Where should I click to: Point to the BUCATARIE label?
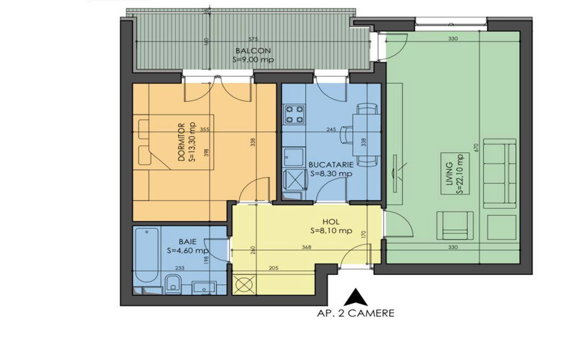330,164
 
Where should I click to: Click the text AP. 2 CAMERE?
355,313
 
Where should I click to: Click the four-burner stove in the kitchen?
295,116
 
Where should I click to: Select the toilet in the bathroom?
173,283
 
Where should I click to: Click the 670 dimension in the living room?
477,148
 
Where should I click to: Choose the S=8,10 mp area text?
331,230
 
